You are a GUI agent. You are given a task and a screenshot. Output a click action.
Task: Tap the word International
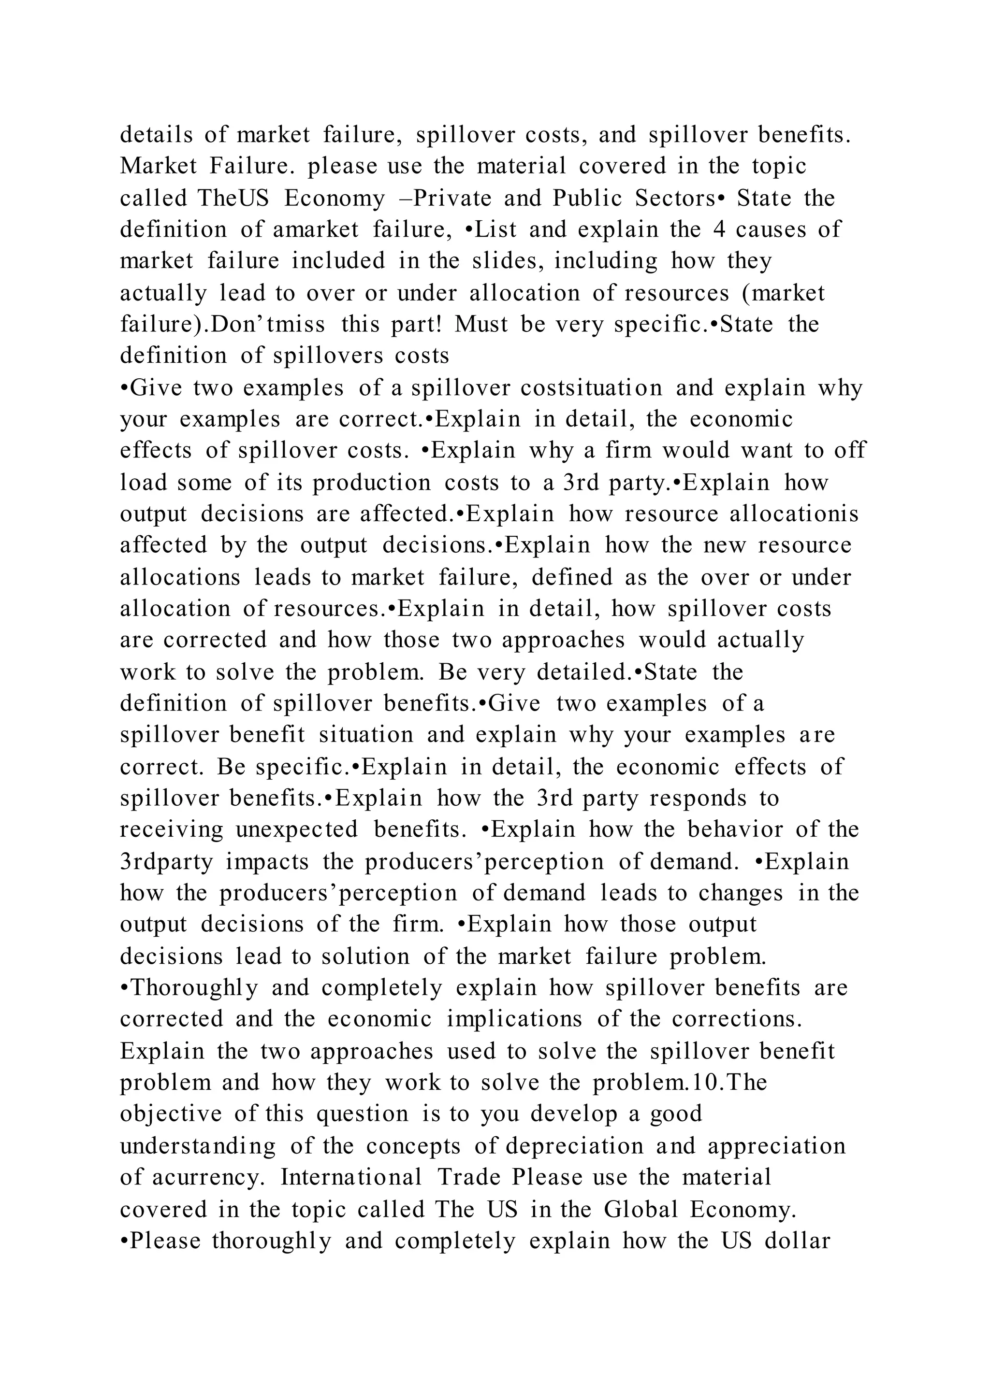click(350, 1177)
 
